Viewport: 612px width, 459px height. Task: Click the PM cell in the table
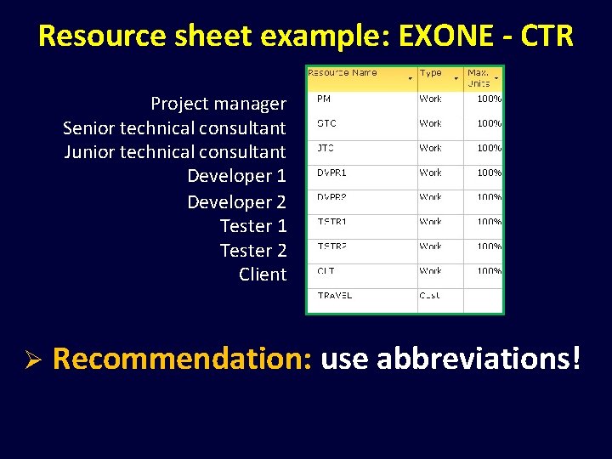[324, 99]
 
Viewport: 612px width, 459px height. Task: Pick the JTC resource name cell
[326, 148]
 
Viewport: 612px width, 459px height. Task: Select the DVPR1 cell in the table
[331, 173]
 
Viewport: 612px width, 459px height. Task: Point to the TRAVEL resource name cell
[334, 296]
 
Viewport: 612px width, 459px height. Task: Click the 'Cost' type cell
[430, 296]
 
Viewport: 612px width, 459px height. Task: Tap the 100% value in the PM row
[489, 99]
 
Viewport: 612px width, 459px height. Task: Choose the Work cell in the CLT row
[430, 271]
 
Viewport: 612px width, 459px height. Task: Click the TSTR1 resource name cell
[331, 222]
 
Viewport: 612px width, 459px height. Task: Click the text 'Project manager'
[218, 104]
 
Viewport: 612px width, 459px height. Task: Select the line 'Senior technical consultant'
[174, 128]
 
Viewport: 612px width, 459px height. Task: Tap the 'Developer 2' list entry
[236, 202]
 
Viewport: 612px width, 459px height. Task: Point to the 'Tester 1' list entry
[252, 226]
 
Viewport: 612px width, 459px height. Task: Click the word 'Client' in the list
[263, 275]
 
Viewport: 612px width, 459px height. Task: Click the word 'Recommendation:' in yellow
[182, 359]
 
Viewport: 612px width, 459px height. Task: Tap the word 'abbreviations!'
[479, 359]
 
